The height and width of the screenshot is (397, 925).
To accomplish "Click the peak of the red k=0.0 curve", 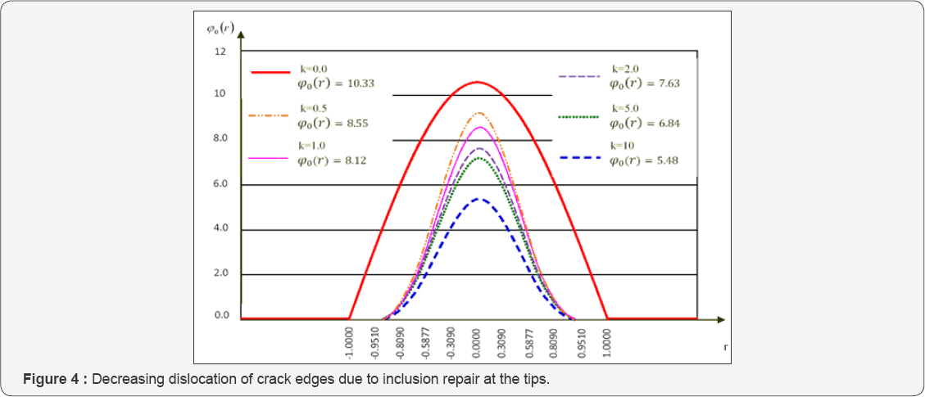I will tap(477, 82).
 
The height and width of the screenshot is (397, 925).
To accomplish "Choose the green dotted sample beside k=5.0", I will tap(578, 117).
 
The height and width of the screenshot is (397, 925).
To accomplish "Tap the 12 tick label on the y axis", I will tap(220, 52).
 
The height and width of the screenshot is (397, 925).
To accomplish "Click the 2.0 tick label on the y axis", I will tap(220, 273).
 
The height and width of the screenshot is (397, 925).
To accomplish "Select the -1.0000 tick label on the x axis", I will tap(350, 343).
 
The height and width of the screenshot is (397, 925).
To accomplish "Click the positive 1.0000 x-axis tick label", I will tap(606, 343).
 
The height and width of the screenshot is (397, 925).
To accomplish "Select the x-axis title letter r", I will tap(726, 347).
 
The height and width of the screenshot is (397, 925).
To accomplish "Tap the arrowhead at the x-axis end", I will tap(721, 318).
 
